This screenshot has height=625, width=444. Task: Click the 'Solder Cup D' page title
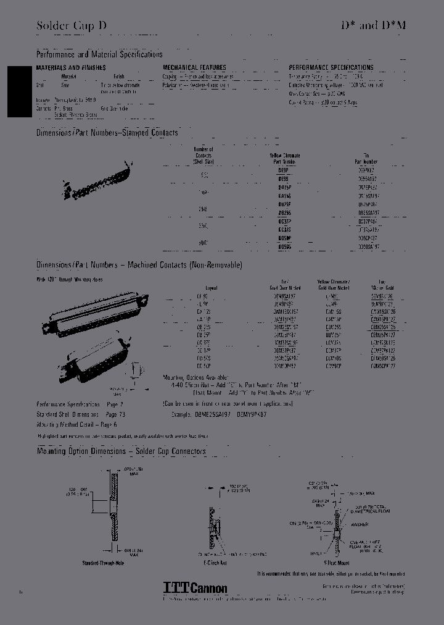(71, 26)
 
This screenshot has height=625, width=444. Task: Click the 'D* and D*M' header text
(374, 26)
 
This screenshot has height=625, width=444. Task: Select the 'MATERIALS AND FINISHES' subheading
(71, 68)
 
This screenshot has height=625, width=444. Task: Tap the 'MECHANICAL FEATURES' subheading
(194, 68)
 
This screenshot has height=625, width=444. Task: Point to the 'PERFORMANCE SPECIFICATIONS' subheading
(331, 68)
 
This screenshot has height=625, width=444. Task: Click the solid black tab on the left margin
(18, 91)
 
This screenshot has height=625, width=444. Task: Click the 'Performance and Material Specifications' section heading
(99, 55)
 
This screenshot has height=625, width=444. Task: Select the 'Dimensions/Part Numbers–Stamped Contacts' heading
(107, 133)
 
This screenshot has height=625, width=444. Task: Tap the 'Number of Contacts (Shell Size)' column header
(203, 156)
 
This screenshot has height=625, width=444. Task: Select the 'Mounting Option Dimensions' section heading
(121, 451)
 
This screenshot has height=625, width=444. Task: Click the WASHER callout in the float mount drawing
(359, 525)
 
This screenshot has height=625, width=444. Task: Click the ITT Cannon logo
(195, 589)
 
